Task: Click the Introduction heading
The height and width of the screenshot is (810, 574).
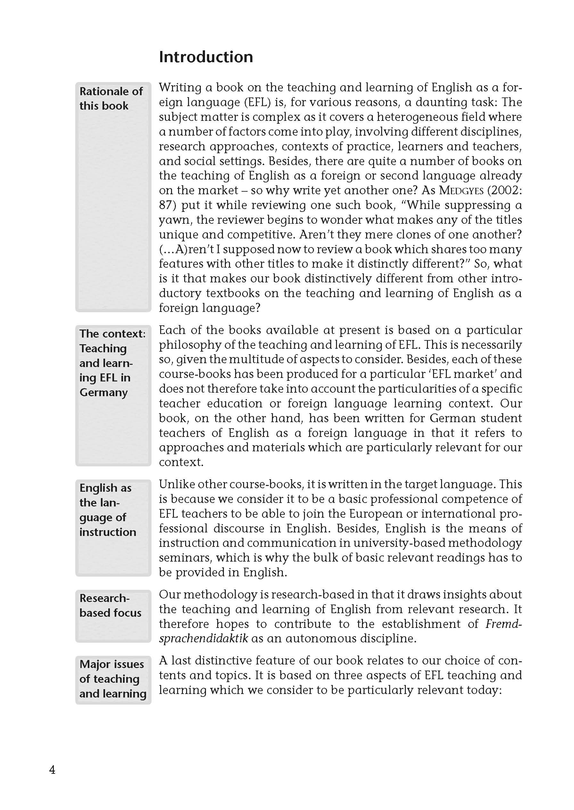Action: tap(206, 57)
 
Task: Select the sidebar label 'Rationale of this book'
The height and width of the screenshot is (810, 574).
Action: tap(111, 98)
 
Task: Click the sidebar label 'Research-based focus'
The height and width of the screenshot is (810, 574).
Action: tap(110, 605)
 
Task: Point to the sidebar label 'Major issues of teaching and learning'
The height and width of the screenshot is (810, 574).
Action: tap(113, 679)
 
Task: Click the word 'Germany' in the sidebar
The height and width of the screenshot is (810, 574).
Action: tap(103, 392)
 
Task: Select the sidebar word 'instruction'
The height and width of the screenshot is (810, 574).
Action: tap(108, 532)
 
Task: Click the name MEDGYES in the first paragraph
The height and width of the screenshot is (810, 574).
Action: tap(461, 191)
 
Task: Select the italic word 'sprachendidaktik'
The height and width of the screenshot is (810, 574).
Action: tap(203, 639)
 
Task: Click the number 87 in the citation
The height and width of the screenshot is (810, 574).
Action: tap(166, 205)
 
